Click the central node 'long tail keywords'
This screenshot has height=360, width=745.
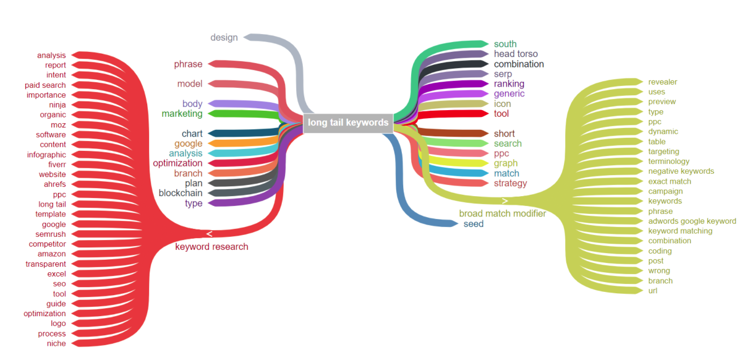pos(349,122)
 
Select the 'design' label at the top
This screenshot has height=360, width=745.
pos(224,37)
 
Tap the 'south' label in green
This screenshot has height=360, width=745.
pos(505,44)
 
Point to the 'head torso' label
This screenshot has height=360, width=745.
pos(516,54)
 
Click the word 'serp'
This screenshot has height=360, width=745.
pos(503,74)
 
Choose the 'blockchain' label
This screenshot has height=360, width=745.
pos(181,193)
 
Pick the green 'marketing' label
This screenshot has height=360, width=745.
pos(182,114)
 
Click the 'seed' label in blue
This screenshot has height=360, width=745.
pos(474,224)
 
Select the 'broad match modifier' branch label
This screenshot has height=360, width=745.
pos(502,213)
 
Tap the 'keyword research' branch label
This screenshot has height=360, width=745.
pos(211,247)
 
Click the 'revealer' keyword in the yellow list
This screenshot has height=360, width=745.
pos(662,82)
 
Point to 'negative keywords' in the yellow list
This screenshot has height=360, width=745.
pos(681,171)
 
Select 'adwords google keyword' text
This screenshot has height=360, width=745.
pos(692,221)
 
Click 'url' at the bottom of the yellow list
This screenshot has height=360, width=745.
pos(653,291)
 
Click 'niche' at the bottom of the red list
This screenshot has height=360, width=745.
pos(56,343)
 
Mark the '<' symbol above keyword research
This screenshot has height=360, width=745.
pos(210,234)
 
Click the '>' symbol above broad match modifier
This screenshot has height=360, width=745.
pos(504,201)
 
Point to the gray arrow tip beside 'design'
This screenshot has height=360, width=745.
pos(247,37)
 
